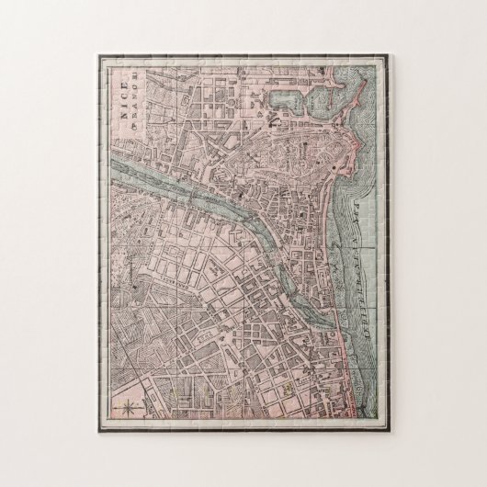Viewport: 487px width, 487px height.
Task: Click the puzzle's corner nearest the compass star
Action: pos(100,429)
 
